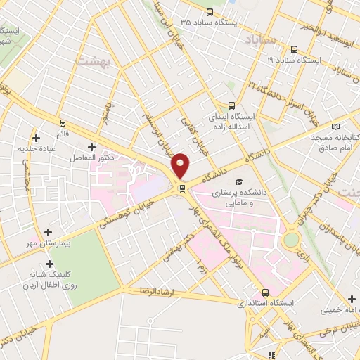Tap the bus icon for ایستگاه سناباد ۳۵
coord(210,12)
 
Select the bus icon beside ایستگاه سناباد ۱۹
coord(293,49)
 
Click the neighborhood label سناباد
coord(257,41)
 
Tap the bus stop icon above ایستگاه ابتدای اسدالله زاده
coord(231,105)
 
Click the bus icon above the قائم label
coord(63,122)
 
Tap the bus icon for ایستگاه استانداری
coord(266,292)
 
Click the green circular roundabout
coord(291,239)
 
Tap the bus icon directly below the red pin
coord(182,188)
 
